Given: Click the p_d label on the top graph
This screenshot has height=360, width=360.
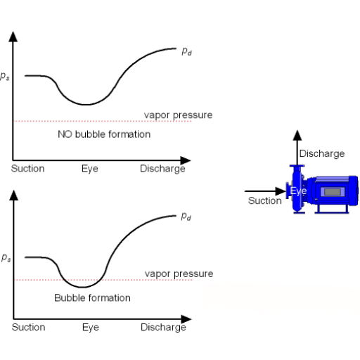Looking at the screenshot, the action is click(x=187, y=51).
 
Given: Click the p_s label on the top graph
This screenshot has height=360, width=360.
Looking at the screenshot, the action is click(x=5, y=76).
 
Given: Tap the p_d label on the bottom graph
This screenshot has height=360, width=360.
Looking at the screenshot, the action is click(x=186, y=217).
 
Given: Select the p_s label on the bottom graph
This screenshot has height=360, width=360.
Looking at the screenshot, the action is click(x=6, y=257).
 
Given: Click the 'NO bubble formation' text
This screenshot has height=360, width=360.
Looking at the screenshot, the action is click(x=104, y=134).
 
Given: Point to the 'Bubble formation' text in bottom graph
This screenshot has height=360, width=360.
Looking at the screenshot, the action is click(x=92, y=298).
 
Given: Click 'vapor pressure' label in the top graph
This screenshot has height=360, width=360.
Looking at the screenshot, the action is click(x=178, y=115).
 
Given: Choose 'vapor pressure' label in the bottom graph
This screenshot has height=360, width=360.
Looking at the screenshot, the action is click(x=179, y=274).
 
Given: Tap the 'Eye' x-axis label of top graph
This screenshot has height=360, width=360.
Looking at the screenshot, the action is click(x=90, y=169).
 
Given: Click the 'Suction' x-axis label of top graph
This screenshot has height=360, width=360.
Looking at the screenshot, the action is click(x=28, y=169).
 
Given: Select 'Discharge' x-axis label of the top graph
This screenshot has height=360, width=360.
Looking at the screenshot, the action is click(x=162, y=169).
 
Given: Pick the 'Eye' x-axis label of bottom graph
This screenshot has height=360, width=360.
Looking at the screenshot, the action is click(x=91, y=328).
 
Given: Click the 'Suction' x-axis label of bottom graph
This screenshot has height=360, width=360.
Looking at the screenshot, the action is click(x=29, y=327).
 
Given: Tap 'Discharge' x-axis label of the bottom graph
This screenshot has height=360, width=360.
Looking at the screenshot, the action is click(x=163, y=328).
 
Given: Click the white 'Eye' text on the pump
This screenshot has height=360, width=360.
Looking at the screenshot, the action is click(x=298, y=191).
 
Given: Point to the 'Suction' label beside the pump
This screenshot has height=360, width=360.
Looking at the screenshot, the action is click(x=265, y=200).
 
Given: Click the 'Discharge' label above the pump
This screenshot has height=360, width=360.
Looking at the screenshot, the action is click(x=322, y=154).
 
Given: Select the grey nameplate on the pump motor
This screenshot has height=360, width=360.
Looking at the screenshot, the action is click(x=333, y=192).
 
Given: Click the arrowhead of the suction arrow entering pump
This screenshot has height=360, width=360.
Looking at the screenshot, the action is click(x=281, y=191).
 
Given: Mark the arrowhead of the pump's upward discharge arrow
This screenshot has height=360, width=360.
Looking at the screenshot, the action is click(x=297, y=136).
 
